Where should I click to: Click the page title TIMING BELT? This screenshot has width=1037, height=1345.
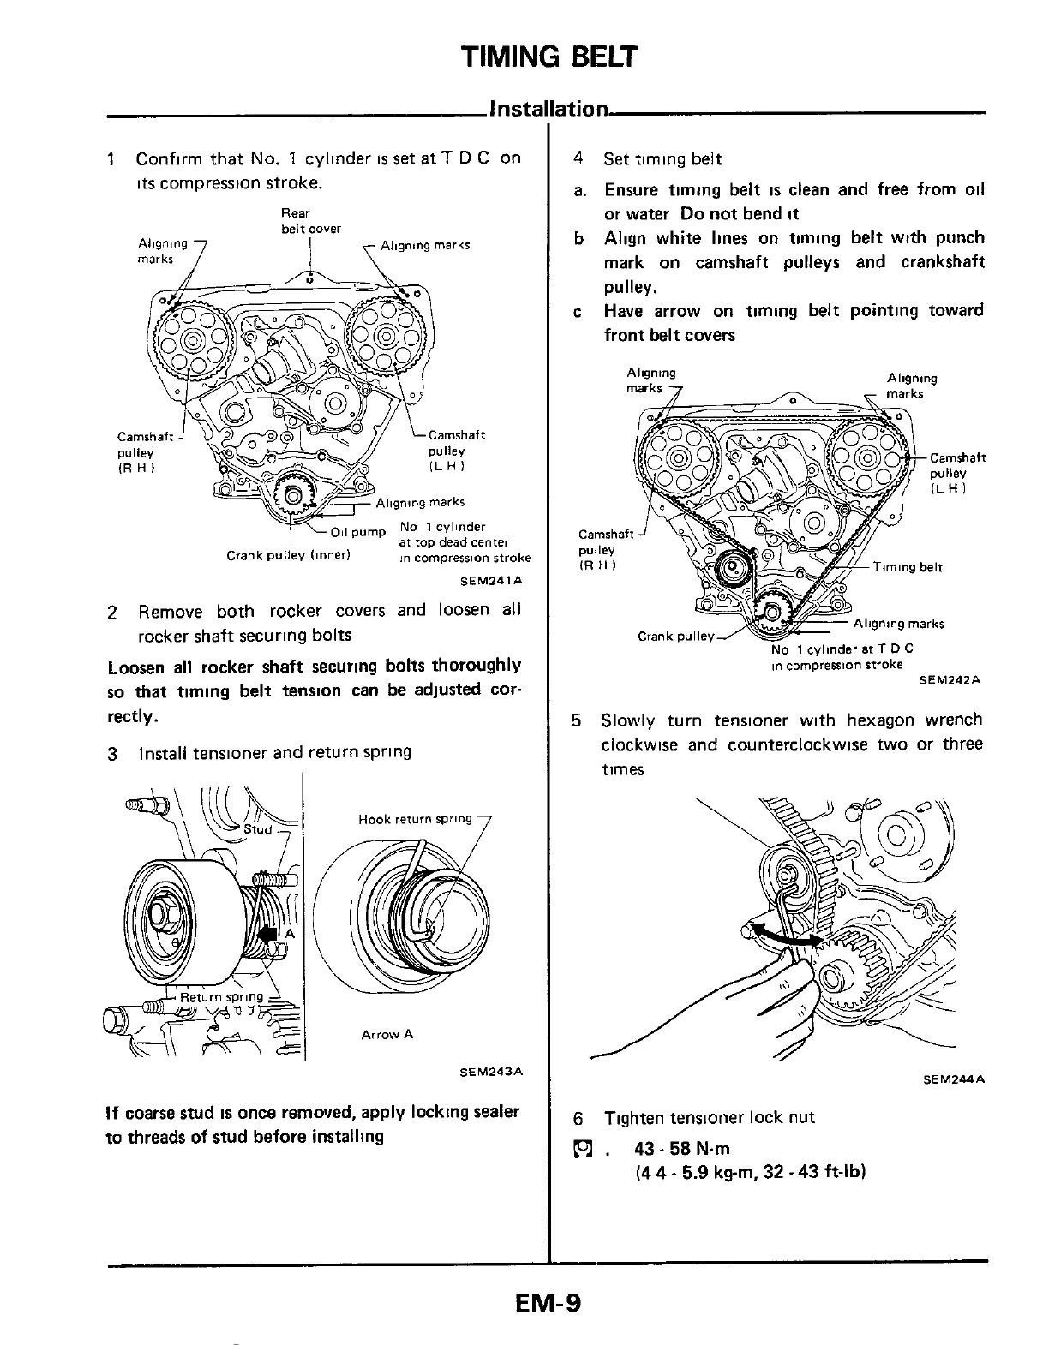point(549,57)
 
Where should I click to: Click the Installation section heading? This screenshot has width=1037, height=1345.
point(548,110)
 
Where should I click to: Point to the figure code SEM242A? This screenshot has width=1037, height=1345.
point(950,680)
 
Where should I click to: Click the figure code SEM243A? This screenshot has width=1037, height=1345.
point(491,1072)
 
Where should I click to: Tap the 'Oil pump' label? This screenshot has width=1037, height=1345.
point(357,532)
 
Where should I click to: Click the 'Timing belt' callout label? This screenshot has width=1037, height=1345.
point(908,567)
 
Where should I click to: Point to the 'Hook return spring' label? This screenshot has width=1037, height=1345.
point(415,819)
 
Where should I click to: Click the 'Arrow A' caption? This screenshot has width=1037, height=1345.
point(387,1034)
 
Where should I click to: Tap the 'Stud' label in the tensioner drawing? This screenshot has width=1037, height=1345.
point(258,829)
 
